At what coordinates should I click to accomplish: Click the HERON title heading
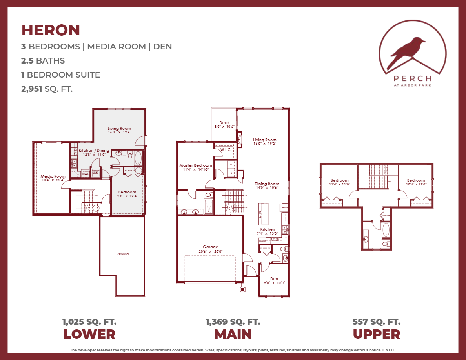[51, 30]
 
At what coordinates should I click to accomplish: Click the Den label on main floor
[274, 279]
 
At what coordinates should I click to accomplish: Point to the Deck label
[224, 123]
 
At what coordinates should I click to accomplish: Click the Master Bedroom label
[196, 165]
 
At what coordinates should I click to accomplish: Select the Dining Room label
[267, 184]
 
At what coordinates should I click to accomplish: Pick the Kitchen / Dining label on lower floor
[94, 151]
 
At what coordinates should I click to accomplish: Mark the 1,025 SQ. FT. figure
[89, 322]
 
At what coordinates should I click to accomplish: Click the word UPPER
[377, 334]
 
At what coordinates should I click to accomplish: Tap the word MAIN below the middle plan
[233, 334]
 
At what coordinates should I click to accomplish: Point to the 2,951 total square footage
[32, 89]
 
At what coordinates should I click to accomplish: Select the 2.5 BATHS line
[43, 61]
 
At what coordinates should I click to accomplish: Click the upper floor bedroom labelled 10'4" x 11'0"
[416, 182]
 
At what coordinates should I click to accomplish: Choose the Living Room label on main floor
[265, 140]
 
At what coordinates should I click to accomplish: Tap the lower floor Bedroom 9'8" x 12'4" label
[127, 192]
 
